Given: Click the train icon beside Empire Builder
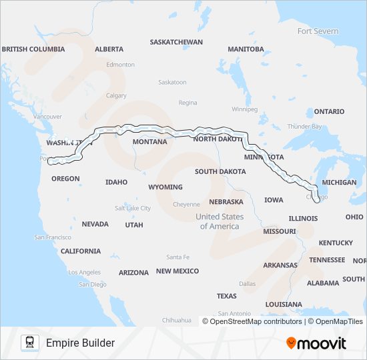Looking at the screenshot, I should point(29,343).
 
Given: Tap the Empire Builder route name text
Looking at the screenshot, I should point(80,343).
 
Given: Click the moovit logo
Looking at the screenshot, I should point(316,343).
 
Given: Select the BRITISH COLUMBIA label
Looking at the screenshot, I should point(33,49).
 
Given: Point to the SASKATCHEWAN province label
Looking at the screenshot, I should point(176,41).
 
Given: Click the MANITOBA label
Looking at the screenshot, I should point(246,49).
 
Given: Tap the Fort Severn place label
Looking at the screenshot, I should point(318,31).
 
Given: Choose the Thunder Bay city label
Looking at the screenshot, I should point(304,127).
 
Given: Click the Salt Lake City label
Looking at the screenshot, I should point(133,208).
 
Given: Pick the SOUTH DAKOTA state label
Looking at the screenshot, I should point(220,171).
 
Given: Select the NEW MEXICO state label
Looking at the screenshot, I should point(177,271).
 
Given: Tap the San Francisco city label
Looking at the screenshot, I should point(53,237).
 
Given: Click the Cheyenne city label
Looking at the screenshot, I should point(186,204).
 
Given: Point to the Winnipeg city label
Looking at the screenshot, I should point(244,109).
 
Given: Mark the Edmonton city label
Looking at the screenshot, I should point(120,65).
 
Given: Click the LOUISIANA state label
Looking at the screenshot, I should point(284,303).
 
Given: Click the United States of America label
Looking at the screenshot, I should point(220,221).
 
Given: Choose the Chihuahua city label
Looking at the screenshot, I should point(176,320).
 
